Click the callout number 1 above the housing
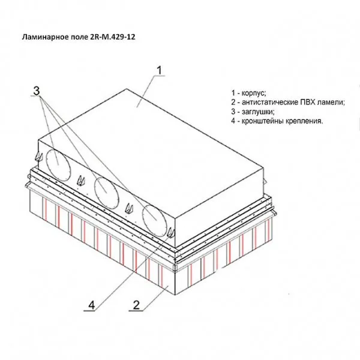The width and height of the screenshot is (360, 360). tap(160, 70)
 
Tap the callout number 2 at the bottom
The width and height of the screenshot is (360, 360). tap(136, 305)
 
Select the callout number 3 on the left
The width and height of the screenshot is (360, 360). tap(37, 91)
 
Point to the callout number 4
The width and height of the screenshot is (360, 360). tap(91, 305)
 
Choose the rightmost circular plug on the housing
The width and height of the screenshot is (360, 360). tap(155, 221)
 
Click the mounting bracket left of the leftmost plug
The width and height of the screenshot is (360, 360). tap(38, 157)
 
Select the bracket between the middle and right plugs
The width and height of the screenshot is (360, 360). tap(129, 208)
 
